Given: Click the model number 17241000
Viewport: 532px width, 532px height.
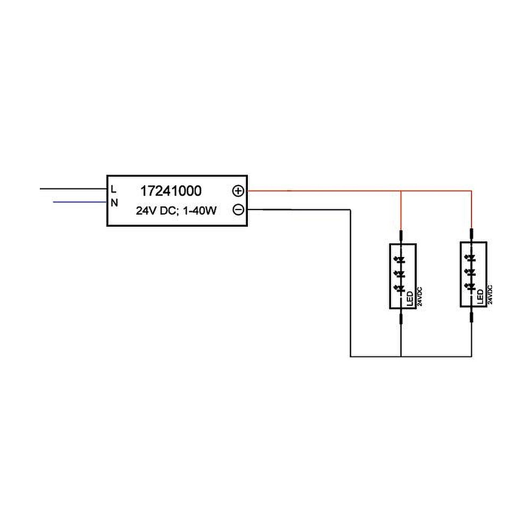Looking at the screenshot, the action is (171, 191).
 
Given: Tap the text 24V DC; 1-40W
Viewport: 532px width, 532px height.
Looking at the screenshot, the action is (176, 211).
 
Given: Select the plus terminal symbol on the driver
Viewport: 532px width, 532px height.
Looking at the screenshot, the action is (238, 191).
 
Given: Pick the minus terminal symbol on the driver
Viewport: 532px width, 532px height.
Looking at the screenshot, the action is (238, 210).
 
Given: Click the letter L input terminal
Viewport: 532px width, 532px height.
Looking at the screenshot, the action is (114, 189).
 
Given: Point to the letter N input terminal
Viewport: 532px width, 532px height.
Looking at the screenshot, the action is (114, 203).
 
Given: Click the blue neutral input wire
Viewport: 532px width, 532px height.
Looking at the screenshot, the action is (80, 202).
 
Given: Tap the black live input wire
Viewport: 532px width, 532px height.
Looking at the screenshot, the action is (73, 189).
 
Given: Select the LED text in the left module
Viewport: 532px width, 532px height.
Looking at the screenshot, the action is (410, 298).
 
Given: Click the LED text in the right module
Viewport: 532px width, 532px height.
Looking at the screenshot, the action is (480, 296).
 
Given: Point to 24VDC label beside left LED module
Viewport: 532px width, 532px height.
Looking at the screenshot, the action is (420, 296).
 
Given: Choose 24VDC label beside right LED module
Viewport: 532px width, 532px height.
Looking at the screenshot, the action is (490, 295).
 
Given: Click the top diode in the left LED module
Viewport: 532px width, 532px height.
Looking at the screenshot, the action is (400, 260).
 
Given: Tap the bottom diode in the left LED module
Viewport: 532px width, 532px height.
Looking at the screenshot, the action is (400, 289).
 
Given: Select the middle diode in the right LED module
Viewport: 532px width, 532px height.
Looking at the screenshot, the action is (470, 272).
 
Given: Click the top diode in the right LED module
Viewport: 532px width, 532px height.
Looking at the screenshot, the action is (470, 258).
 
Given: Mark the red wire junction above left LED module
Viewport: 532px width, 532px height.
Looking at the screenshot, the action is (401, 191).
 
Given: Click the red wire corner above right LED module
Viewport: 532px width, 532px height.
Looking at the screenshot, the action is (471, 191).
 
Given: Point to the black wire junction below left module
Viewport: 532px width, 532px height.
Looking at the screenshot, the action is (401, 356).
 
